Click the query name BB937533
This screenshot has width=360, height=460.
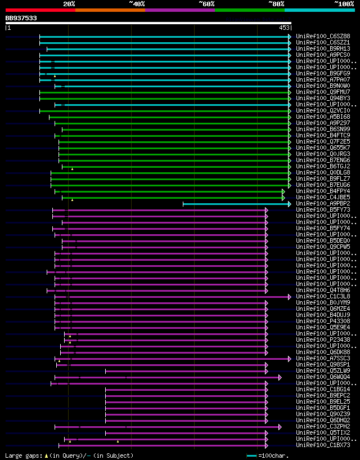21,18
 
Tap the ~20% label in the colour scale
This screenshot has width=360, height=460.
69,3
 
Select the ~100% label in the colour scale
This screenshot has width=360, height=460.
344,3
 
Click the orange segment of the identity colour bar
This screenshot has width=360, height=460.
110,10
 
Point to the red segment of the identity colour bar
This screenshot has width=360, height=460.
40,10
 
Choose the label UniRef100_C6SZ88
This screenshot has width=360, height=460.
323,36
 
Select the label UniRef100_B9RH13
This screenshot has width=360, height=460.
323,48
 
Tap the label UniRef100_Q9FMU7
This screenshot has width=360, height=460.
323,92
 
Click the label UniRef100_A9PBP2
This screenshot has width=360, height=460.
323,203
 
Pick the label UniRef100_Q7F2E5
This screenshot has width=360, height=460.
323,141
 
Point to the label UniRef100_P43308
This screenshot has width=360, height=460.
323,321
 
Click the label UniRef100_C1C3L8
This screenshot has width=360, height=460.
323,296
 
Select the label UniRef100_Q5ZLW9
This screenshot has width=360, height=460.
323,370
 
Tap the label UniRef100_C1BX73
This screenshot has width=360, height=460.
323,445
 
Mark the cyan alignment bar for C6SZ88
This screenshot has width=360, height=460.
163,37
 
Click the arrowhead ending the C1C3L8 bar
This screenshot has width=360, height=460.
290,297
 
